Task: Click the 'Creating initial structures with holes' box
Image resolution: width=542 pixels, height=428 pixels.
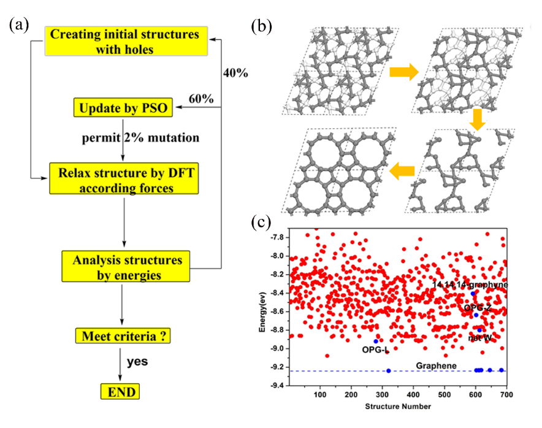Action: tap(125, 41)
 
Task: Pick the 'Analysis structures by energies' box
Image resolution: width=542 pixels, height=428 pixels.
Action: tap(126, 267)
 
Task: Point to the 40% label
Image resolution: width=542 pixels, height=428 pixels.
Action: tap(235, 73)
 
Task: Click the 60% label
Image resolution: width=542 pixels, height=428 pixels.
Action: tap(200, 99)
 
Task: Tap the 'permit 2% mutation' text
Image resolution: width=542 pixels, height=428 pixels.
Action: tap(140, 137)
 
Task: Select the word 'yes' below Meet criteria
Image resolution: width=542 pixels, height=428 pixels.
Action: tap(137, 362)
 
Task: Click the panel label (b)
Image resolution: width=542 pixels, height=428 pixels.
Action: tap(262, 26)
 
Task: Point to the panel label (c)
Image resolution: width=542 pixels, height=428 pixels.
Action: tap(263, 222)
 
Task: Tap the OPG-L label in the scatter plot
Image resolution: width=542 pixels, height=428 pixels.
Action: tap(376, 350)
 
